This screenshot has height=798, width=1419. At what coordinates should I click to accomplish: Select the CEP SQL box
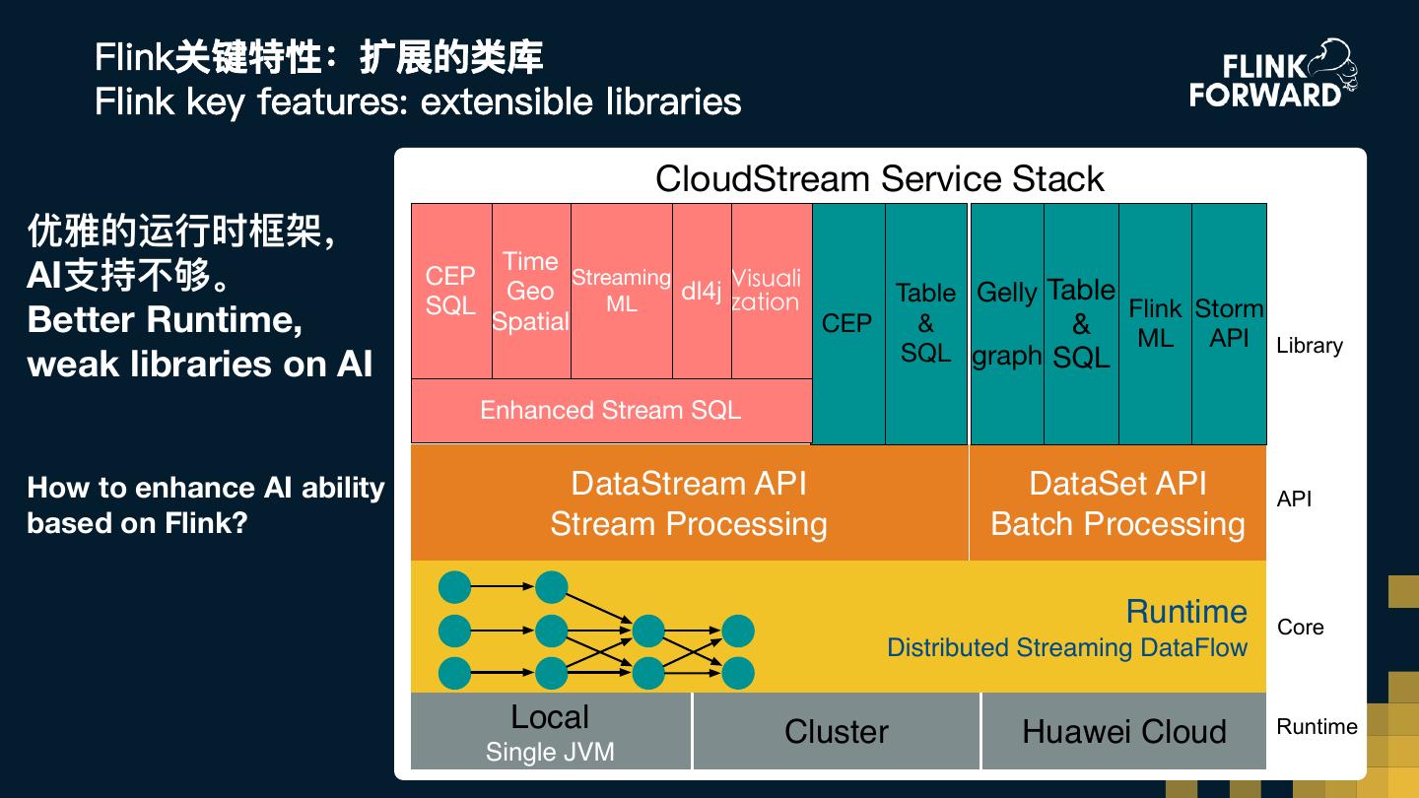coord(450,291)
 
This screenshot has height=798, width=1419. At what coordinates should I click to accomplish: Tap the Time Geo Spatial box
coord(530,291)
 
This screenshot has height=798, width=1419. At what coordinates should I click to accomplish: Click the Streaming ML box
coord(621,291)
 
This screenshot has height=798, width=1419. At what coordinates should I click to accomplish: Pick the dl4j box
coord(702,291)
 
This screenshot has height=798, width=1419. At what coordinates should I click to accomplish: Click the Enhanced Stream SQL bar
coord(610,410)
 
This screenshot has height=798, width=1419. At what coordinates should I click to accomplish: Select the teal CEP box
coord(847,323)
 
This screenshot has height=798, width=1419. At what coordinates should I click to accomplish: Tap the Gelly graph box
coord(1006,323)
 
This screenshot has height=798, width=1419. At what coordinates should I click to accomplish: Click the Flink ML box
coord(1155,323)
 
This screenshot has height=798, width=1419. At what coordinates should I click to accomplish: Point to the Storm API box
coord(1229,323)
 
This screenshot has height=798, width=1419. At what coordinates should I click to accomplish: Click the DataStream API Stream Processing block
coord(689,503)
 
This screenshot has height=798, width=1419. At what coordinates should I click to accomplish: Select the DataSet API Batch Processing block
coord(1117,503)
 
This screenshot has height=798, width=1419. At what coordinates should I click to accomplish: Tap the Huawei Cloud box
coord(1123,732)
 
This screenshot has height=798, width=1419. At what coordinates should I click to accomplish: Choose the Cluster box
coord(836,732)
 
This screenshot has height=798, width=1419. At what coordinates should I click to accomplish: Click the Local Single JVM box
coord(550,732)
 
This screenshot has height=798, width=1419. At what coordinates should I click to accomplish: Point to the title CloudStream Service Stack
coord(879,179)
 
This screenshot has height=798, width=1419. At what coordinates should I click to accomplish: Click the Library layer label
coord(1309,346)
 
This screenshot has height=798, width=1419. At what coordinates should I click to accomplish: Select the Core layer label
coord(1300,628)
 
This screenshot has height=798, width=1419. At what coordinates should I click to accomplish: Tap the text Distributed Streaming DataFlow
coord(1066,648)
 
